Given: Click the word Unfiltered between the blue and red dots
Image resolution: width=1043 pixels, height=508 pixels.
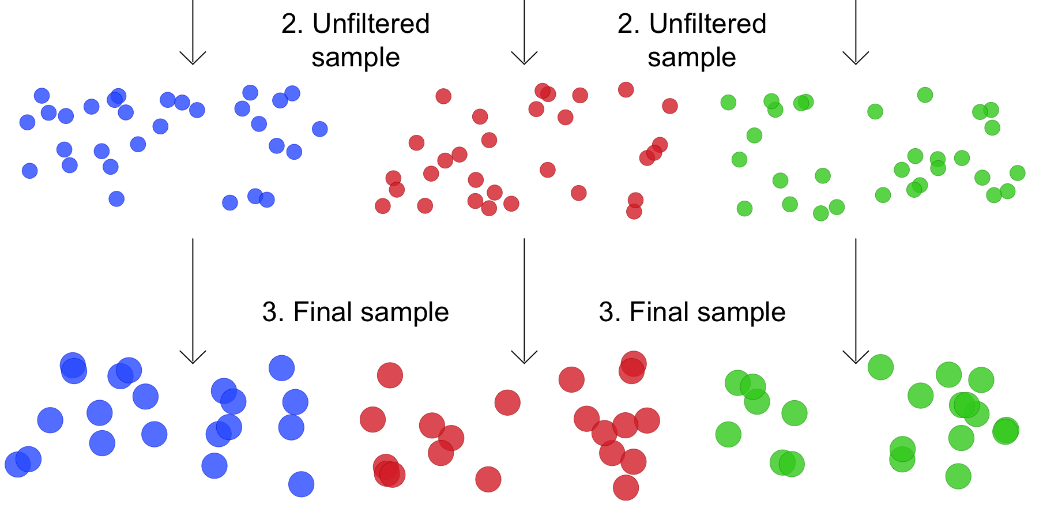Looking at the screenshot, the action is tap(371, 24).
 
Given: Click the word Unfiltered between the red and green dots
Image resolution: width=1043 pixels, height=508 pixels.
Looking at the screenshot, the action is tap(707, 24).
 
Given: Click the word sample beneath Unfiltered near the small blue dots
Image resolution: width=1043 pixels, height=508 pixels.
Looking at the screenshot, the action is tap(356, 58).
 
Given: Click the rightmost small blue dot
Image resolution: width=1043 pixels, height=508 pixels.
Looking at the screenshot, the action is tap(320, 129).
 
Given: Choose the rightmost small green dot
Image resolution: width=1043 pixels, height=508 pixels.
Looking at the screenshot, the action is tap(1018, 173).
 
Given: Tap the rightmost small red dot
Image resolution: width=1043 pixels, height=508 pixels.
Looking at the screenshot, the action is tap(670, 106).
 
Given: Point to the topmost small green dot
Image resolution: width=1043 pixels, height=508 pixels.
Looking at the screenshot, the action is tap(925, 95).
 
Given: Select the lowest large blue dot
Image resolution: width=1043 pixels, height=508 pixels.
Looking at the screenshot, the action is tap(301, 484).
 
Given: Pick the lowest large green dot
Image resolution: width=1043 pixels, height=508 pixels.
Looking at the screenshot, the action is tap(958, 477).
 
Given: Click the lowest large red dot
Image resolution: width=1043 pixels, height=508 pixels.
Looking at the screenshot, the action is tap(626, 488).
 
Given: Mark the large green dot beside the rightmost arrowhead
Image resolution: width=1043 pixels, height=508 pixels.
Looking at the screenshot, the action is tap(880, 367).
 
